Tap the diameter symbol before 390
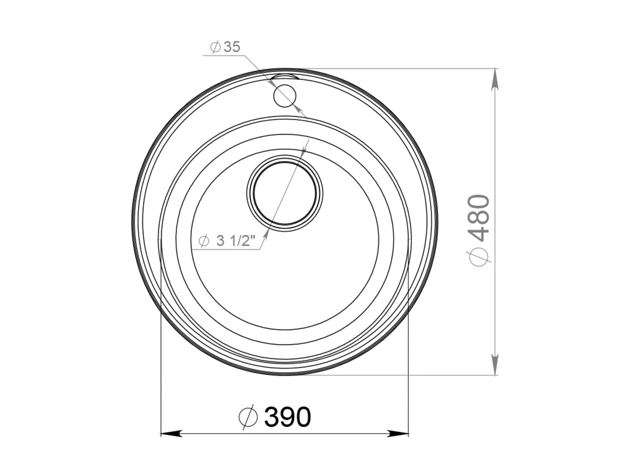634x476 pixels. tap(247, 418)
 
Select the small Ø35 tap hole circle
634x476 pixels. tap(285, 96)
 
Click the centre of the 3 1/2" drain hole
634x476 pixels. tap(285, 192)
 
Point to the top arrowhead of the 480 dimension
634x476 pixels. tap(495, 79)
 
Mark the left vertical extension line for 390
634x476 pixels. tap(160, 347)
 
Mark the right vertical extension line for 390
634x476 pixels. tap(409, 347)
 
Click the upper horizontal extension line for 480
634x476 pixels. tap(402, 68)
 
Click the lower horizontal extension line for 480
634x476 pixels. tap(402, 375)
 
